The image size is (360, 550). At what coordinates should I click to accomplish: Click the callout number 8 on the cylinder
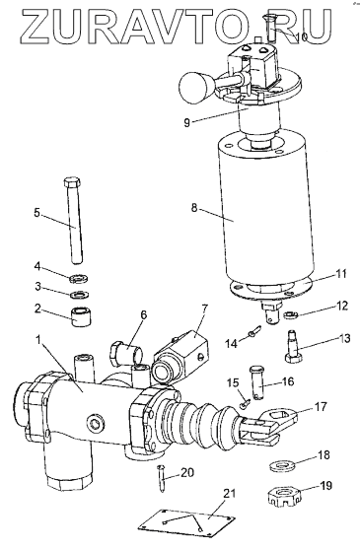(x=194, y=208)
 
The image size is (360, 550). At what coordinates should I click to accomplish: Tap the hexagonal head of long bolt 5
(x=73, y=182)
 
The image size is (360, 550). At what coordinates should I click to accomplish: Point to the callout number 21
(x=229, y=494)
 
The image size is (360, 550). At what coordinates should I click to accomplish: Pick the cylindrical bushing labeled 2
(x=82, y=316)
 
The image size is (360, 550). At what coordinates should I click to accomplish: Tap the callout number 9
(x=186, y=122)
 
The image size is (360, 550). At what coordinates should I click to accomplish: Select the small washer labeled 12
(x=291, y=315)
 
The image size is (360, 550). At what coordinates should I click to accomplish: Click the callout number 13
(x=344, y=339)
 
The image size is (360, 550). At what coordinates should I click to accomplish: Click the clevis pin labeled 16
(x=257, y=382)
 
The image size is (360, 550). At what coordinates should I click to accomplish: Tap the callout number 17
(x=320, y=407)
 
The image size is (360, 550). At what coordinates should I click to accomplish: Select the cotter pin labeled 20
(x=162, y=478)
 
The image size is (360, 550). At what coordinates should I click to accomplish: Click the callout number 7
(x=204, y=309)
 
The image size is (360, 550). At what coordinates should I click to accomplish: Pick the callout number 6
(x=143, y=314)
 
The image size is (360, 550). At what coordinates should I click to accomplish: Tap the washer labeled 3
(x=79, y=295)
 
